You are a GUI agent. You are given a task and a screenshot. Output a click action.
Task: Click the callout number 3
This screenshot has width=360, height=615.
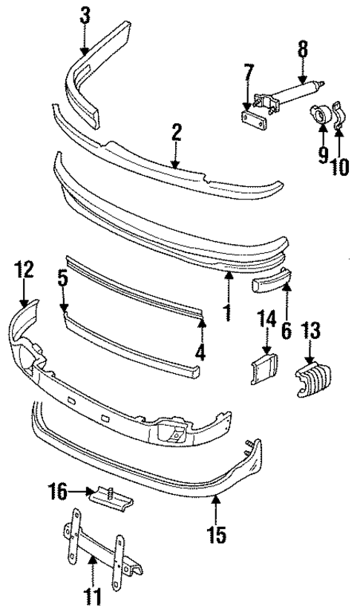pyautogui.click(x=85, y=14)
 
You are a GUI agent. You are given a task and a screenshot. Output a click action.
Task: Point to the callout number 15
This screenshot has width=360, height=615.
pyautogui.click(x=217, y=533)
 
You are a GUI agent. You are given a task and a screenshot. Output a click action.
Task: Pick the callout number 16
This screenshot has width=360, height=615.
pyautogui.click(x=57, y=490)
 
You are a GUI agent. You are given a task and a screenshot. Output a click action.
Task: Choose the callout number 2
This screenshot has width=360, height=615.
pyautogui.click(x=176, y=133)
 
